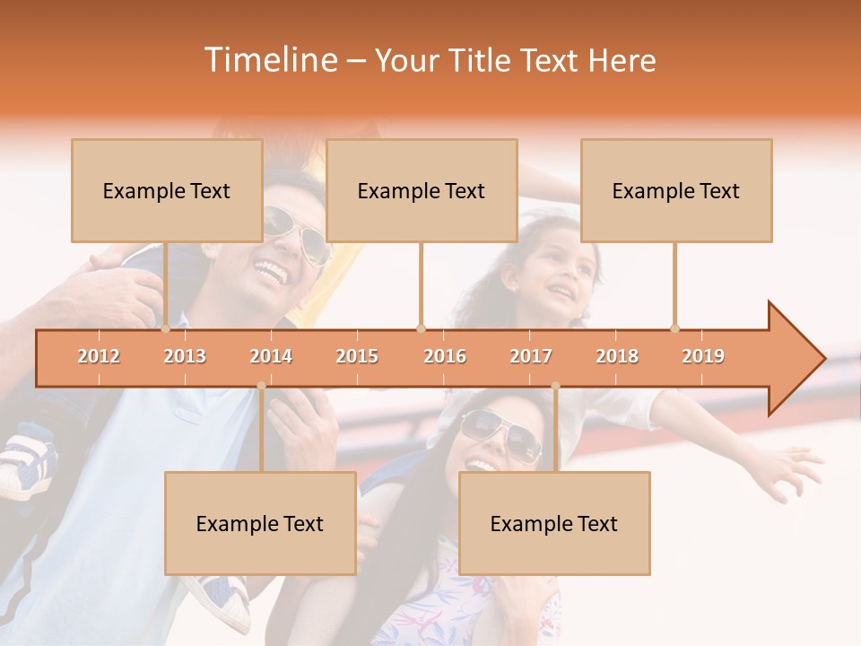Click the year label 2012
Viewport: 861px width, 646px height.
pos(99,356)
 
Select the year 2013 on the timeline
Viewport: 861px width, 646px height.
pos(185,356)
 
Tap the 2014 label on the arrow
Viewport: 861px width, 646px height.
pos(271,356)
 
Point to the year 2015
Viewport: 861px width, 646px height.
pos(357,356)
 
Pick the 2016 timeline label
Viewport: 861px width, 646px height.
pos(445,356)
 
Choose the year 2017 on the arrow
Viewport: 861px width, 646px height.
pos(531,356)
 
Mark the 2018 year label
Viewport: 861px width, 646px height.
pos(617,356)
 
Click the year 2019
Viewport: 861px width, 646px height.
pos(703,356)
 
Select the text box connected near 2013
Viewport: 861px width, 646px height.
pos(167,190)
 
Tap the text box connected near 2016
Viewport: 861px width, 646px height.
pos(422,190)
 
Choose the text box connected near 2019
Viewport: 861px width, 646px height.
pos(676,190)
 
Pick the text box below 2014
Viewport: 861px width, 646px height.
pos(260,523)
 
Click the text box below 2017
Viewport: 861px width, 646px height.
pos(554,523)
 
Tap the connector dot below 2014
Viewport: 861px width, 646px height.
pos(261,386)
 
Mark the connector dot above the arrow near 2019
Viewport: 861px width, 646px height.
pos(675,328)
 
